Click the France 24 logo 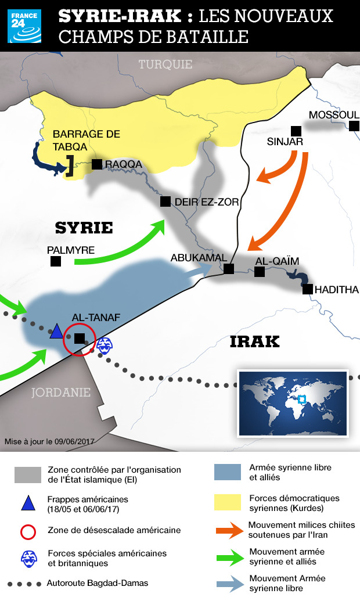(24, 26)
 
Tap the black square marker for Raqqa (98, 164)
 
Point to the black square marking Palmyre (56, 262)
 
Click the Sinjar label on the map (285, 141)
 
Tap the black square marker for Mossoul (354, 126)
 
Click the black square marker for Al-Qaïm (260, 272)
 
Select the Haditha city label (337, 289)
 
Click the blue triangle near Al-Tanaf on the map (56, 332)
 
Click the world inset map (293, 402)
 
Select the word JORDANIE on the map (60, 393)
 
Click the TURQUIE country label (165, 64)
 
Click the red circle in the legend (28, 531)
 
